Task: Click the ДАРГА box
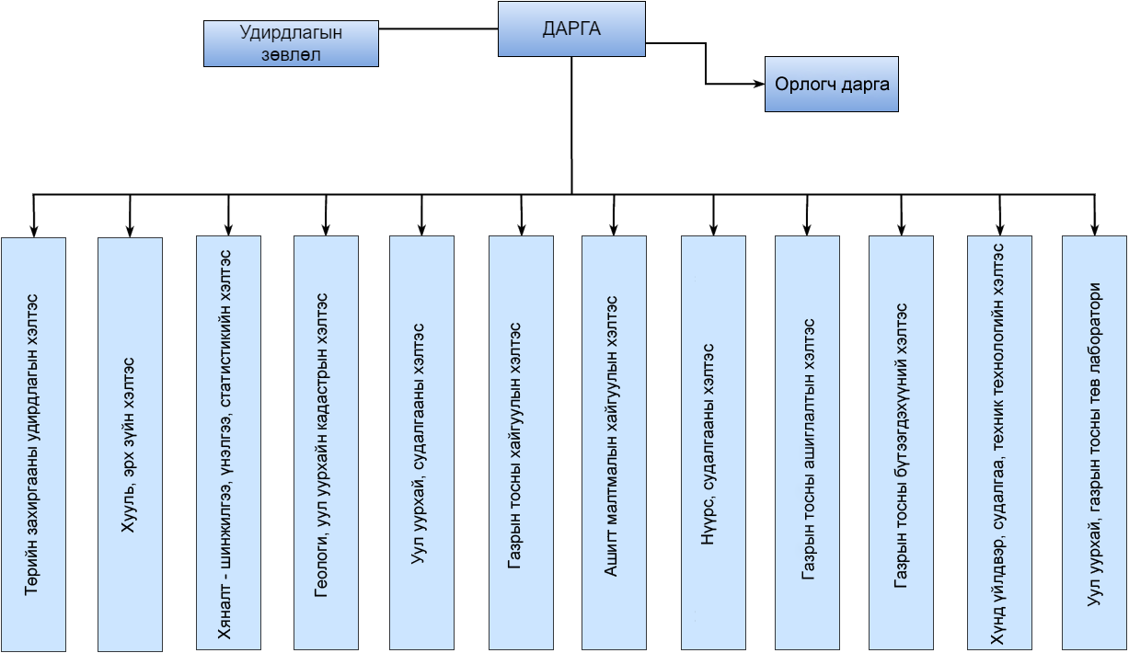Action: click(570, 29)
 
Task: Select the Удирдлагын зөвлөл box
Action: click(291, 44)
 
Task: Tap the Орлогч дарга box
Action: click(832, 85)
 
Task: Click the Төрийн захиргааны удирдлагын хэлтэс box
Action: click(33, 444)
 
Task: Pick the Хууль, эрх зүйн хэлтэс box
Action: click(130, 444)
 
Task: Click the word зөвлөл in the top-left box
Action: click(291, 55)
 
